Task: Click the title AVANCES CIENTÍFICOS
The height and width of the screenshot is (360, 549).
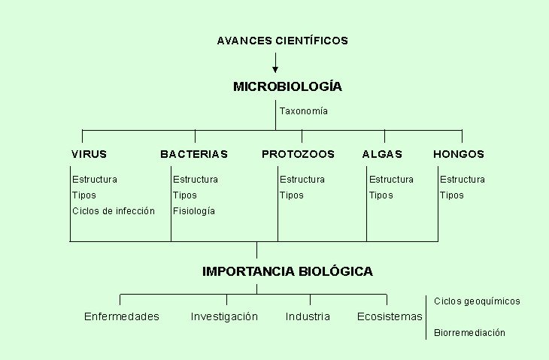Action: (283, 41)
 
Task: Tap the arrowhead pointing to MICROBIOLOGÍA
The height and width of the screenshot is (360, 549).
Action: (275, 70)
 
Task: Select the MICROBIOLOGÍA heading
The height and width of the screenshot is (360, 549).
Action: (287, 86)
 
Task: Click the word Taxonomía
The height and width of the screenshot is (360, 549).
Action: (304, 111)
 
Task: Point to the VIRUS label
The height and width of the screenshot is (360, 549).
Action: (89, 154)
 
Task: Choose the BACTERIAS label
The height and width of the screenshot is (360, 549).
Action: (194, 154)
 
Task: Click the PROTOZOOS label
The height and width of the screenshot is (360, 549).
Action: (298, 154)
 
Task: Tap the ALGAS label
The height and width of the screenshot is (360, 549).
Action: (382, 154)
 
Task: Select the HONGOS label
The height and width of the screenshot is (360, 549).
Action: (459, 154)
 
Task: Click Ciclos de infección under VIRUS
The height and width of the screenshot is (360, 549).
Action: (114, 211)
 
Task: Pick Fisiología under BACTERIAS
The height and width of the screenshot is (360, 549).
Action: (194, 211)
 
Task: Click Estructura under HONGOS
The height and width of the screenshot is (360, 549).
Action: (463, 180)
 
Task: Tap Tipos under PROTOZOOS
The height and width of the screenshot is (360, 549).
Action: (291, 195)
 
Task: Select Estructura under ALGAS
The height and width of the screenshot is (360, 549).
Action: (391, 180)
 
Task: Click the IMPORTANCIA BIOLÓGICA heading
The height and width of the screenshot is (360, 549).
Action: (287, 271)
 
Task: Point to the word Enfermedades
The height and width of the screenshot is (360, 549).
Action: (122, 316)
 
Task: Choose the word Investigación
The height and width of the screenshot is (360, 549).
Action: (224, 316)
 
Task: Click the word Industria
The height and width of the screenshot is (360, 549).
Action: (308, 316)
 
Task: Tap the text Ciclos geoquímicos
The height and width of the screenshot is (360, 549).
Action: (477, 301)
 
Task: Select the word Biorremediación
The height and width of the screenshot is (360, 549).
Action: (469, 332)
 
